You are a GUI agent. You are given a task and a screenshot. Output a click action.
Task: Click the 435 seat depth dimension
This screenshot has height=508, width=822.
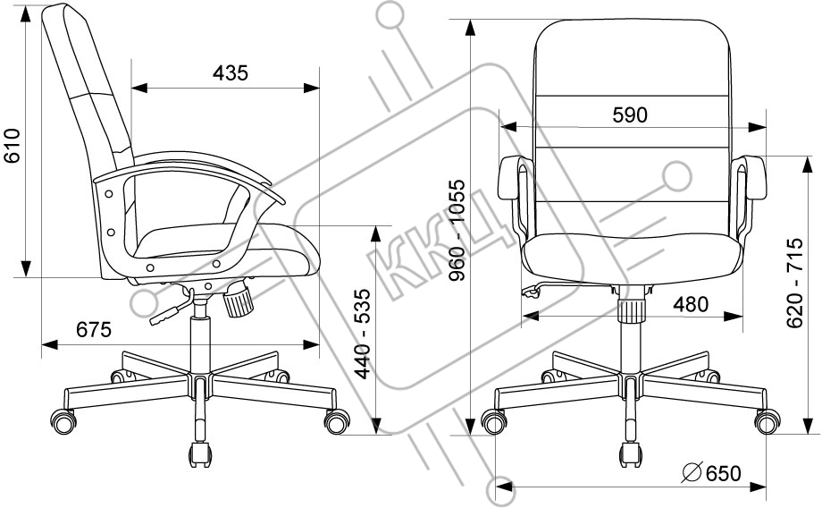(231, 73)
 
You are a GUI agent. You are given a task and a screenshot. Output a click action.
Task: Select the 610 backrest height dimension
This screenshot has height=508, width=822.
(12, 146)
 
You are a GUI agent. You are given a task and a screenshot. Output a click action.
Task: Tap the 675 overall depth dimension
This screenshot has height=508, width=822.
(94, 329)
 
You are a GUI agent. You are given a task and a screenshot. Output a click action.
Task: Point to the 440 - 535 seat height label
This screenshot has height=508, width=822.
(363, 334)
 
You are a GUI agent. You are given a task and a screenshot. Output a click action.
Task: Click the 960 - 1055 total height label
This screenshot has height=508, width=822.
(457, 231)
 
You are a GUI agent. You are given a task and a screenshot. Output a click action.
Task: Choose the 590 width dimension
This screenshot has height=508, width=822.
(630, 115)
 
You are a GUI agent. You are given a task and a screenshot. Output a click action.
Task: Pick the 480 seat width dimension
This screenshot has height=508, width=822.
(691, 304)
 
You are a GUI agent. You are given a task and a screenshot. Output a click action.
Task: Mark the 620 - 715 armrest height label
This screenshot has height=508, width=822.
(794, 284)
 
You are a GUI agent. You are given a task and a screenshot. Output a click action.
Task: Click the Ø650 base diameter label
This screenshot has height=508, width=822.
(711, 473)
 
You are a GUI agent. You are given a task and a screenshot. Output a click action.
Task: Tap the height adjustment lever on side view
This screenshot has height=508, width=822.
(171, 309)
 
